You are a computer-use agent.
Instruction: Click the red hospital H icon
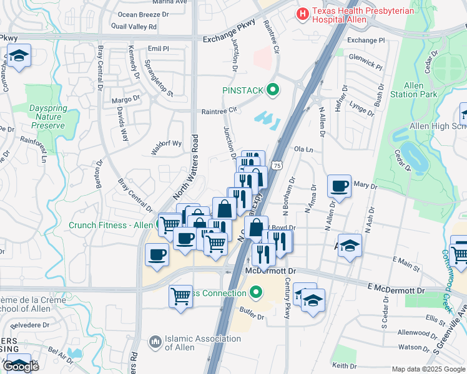pos(303,12)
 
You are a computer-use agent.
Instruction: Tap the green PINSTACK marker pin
pos(272,90)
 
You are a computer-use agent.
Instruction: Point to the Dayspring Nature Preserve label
pos(47,117)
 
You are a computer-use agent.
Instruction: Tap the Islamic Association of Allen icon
pos(155,342)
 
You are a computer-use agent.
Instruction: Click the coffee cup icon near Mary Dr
pos(339,185)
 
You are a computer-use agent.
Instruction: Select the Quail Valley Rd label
pos(134,27)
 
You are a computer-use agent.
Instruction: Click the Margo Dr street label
pos(125,99)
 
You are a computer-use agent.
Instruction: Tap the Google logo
pos(21,367)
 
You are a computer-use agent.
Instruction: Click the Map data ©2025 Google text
pos(428,369)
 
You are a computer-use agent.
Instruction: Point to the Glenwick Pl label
pos(365,63)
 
